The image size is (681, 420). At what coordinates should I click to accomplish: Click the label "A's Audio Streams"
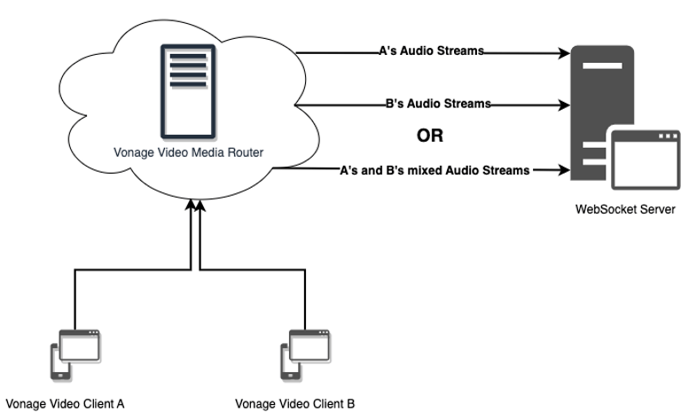431,51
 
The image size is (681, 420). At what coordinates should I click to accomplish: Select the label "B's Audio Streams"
437,104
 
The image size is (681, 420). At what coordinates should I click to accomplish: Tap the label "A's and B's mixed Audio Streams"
434,169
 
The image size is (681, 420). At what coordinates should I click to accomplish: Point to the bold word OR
429,136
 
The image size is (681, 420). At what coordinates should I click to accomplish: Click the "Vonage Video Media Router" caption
188,152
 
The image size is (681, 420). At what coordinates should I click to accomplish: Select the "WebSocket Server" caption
625,210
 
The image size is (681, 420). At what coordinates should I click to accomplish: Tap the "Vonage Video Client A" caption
65,404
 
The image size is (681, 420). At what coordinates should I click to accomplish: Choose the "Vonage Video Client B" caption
295,404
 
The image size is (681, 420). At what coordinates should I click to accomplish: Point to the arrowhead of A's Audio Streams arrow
564,53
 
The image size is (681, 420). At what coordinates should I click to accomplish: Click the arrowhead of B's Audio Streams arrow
564,105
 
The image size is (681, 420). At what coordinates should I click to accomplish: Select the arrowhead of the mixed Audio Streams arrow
564,169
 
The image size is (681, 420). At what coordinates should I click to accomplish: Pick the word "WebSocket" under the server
606,210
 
